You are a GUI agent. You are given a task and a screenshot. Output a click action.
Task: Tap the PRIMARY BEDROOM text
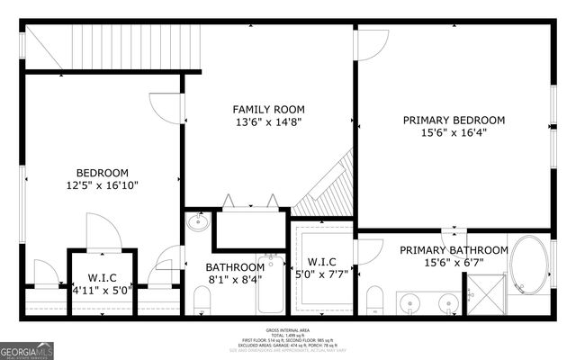coord(454,120)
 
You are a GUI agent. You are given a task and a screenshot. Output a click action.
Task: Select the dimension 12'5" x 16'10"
coord(102,185)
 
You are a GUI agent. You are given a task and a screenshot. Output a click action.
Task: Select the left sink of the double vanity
coord(411,301)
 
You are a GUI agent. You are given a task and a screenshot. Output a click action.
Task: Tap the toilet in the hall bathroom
coord(202,300)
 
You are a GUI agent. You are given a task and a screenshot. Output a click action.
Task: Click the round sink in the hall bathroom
coord(198,222)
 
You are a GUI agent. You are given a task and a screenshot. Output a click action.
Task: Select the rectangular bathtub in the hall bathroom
coord(269,283)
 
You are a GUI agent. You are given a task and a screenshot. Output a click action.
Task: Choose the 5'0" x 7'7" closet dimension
coord(321,275)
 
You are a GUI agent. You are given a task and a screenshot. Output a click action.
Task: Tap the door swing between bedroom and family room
coord(167,106)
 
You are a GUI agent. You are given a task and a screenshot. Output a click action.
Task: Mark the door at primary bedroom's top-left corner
coord(373,43)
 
